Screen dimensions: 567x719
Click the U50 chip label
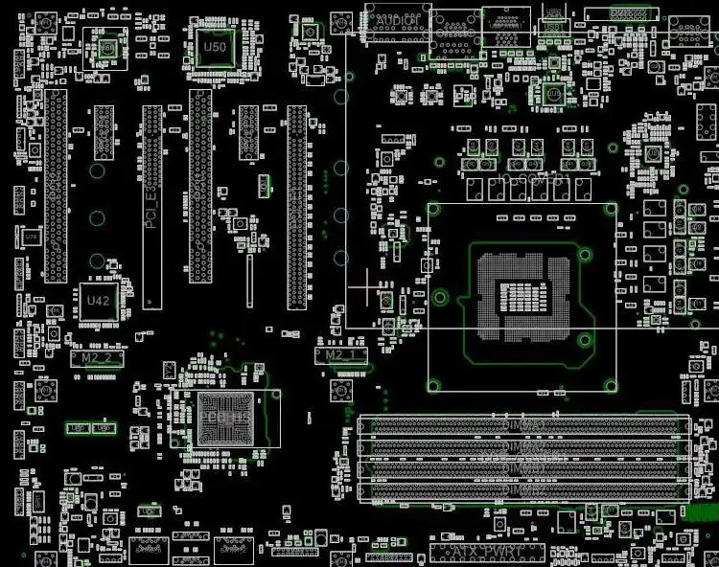[216, 46]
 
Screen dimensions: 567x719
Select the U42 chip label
[99, 300]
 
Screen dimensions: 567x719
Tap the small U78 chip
[31, 237]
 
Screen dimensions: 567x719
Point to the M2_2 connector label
[97, 357]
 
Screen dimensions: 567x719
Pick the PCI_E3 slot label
[151, 207]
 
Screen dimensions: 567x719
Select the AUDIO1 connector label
[397, 19]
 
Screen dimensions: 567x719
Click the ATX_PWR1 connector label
[487, 553]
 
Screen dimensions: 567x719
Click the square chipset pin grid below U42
[223, 419]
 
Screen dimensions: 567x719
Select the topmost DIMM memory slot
[523, 424]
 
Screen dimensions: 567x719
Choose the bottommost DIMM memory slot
[523, 490]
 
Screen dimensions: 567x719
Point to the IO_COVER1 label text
[535, 178]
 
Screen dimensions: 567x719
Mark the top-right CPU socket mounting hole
[611, 207]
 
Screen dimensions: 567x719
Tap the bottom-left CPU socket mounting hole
[434, 386]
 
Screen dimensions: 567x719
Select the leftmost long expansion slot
[57, 186]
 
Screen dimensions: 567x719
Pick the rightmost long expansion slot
[297, 206]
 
